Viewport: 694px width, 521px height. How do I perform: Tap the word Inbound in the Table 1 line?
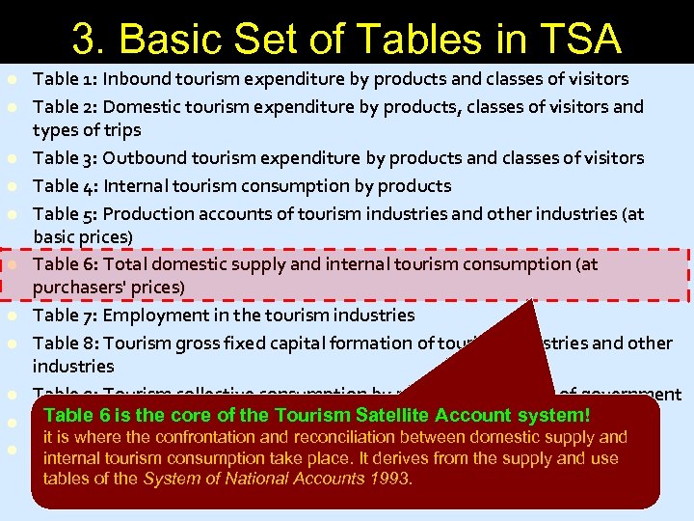pyautogui.click(x=136, y=79)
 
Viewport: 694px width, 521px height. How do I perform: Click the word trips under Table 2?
pyautogui.click(x=120, y=130)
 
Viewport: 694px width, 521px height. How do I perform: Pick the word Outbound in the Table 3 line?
pyautogui.click(x=143, y=158)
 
